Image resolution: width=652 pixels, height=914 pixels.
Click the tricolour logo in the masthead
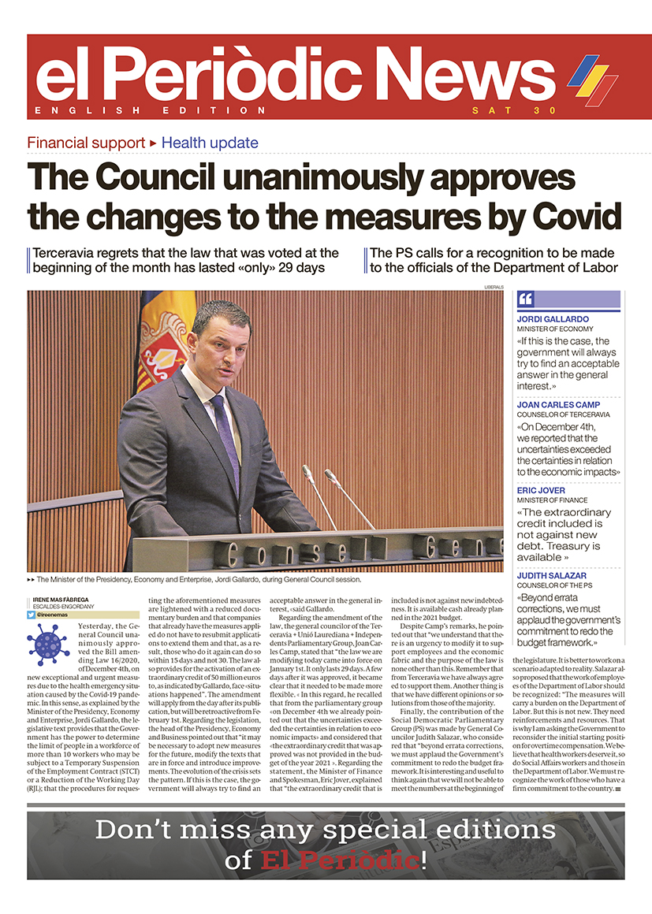[592, 80]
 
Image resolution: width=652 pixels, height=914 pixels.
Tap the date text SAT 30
[503, 110]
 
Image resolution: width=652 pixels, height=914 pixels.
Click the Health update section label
[210, 143]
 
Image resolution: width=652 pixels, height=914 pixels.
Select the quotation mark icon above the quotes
[526, 299]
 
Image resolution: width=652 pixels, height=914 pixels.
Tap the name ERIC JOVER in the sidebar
[542, 490]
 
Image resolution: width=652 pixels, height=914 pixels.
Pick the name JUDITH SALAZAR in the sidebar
[552, 576]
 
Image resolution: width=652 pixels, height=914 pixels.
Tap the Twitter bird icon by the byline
[31, 613]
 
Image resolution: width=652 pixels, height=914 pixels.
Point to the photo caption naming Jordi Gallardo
[198, 579]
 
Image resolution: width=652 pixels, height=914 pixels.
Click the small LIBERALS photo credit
[493, 287]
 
